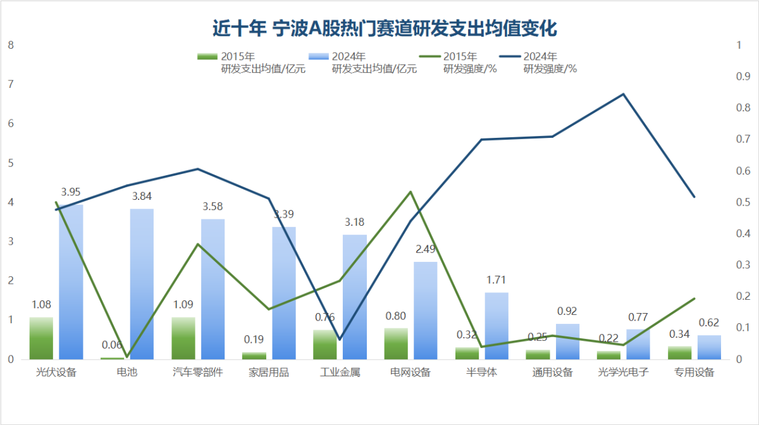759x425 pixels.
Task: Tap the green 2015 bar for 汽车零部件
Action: [x=183, y=338]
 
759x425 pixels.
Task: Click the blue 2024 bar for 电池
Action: [x=142, y=284]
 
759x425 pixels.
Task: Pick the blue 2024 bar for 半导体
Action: [x=497, y=326]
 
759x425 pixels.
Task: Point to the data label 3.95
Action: [x=71, y=192]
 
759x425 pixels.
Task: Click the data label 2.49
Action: [x=426, y=249]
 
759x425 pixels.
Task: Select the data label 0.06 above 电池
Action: [x=112, y=345]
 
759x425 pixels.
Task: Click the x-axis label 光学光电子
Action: [x=624, y=372]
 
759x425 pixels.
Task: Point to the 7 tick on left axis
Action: [x=10, y=84]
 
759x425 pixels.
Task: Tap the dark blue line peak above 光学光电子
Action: [x=623, y=94]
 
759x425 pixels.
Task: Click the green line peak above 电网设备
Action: [x=410, y=192]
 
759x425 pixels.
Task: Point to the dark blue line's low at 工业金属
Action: [x=340, y=340]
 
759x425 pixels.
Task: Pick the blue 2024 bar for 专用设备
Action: [x=709, y=347]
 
